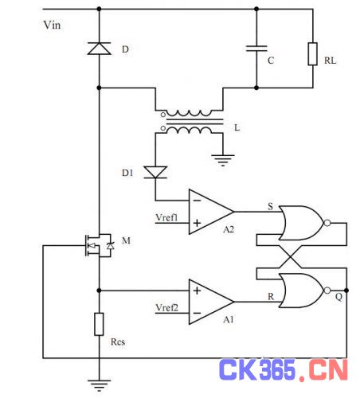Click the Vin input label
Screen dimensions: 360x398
click(x=52, y=25)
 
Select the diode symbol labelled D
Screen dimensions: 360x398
click(x=100, y=49)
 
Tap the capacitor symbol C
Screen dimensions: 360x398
click(x=256, y=49)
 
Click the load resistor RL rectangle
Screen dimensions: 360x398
click(x=313, y=54)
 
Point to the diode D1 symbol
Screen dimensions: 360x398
click(x=155, y=172)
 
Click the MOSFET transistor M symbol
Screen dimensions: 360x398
click(x=99, y=245)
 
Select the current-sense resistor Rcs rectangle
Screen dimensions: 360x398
click(x=99, y=324)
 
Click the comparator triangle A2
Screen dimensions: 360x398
click(x=211, y=212)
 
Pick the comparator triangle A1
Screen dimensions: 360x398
click(x=211, y=302)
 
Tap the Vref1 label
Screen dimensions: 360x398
click(x=166, y=217)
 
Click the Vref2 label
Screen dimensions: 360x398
click(x=166, y=308)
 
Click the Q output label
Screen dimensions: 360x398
click(x=338, y=297)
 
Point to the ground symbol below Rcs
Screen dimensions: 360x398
click(x=99, y=385)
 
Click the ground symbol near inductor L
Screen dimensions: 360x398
click(x=223, y=160)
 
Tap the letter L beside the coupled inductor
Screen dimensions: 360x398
click(x=237, y=128)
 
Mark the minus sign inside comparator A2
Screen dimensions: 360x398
click(x=197, y=201)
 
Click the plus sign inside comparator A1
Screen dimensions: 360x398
click(x=197, y=291)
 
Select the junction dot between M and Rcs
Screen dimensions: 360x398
click(x=99, y=291)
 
